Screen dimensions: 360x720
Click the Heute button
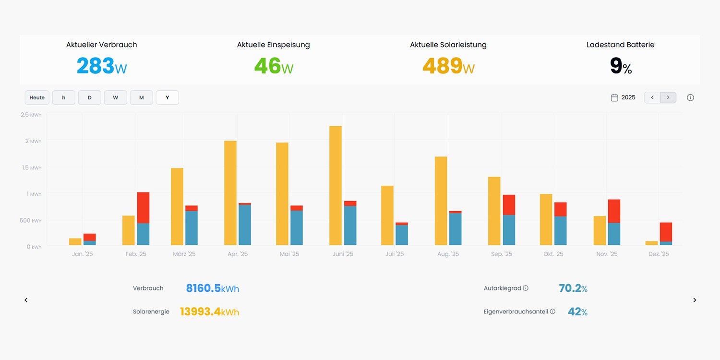point(37,97)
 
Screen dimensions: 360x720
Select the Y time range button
point(167,97)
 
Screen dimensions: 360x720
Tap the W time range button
point(115,97)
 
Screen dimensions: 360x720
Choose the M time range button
point(141,97)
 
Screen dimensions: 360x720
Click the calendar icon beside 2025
point(614,97)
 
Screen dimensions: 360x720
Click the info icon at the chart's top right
point(690,97)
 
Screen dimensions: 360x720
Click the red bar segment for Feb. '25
point(143,207)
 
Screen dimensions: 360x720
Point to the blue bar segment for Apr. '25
point(245,225)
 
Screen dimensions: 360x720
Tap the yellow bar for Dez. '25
point(651,243)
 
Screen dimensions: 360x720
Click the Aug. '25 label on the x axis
point(448,254)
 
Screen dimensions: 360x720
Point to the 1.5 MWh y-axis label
point(31,168)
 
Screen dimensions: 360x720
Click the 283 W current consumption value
point(102,66)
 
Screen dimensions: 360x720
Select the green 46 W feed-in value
point(273,66)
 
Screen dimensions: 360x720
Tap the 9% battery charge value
point(620,66)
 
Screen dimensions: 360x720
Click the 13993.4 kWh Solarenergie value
point(209,312)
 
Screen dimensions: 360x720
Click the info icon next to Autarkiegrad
point(526,288)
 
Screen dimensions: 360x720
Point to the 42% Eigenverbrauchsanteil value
point(577,312)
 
